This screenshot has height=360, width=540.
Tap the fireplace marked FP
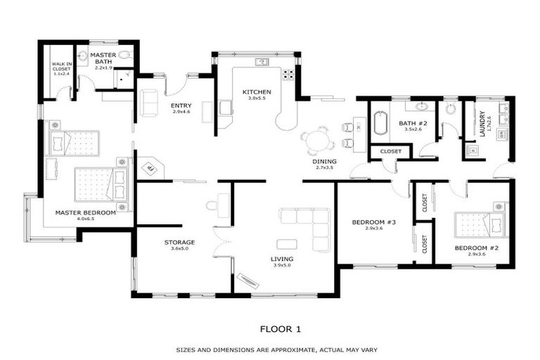[149, 169]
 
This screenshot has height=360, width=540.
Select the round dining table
[319, 141]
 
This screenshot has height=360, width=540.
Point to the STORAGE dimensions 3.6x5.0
[179, 249]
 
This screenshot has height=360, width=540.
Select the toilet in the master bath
[125, 54]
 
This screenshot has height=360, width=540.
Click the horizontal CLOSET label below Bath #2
[390, 151]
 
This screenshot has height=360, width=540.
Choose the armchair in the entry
[150, 103]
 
